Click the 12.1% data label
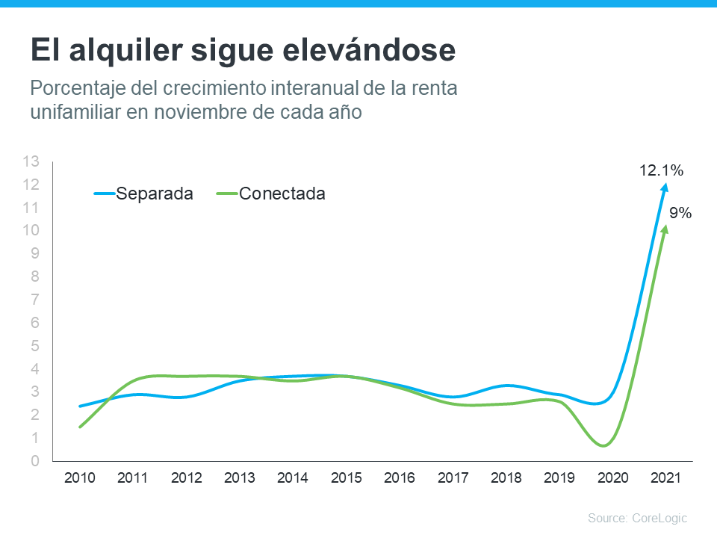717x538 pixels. click(661, 171)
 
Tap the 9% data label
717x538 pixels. click(680, 214)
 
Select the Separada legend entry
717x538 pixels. click(155, 194)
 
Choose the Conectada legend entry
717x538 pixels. click(282, 194)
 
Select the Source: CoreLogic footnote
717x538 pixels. click(637, 518)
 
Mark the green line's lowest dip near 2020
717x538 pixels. click(603, 445)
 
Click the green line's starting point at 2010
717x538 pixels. click(80, 427)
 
